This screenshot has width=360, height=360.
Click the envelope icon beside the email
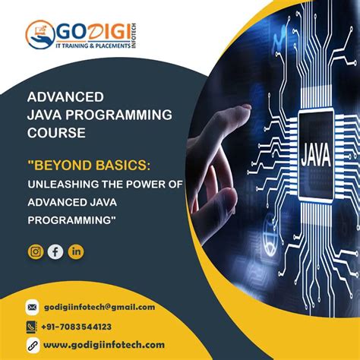(31, 308)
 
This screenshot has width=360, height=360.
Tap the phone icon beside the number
(31, 327)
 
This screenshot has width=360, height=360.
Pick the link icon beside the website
(31, 346)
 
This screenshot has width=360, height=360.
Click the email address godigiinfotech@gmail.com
(99, 307)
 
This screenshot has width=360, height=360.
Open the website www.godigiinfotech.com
(104, 346)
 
